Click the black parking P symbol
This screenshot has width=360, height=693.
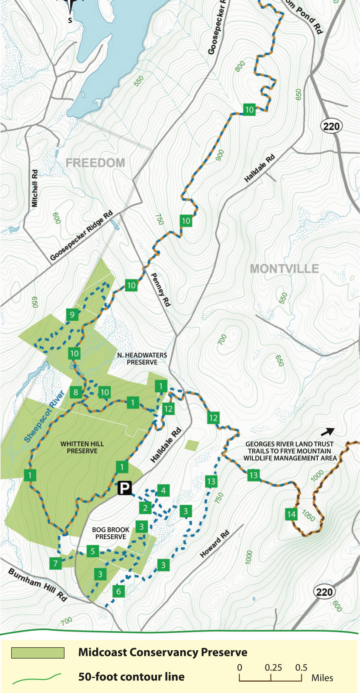point(125,488)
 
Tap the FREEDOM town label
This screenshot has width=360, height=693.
point(95,163)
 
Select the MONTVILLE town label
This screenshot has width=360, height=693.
point(284,268)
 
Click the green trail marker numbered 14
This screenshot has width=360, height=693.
point(291,514)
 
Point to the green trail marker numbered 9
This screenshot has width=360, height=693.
point(72,314)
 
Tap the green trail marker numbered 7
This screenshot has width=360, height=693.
point(55,564)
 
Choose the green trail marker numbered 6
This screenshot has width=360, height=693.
point(119,591)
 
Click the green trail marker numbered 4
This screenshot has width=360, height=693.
point(163,491)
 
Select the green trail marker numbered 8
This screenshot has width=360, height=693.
point(76,392)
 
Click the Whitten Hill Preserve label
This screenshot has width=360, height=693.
point(82,447)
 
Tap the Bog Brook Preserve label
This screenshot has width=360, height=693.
point(111,533)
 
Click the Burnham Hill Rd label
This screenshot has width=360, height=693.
point(38,584)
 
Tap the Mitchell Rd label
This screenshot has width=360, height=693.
point(35,188)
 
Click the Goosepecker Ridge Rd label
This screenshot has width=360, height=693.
point(81,235)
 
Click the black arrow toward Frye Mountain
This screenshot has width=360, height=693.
point(328,431)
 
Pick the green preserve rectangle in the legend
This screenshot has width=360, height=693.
point(38,652)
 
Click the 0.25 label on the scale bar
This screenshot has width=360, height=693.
point(273,667)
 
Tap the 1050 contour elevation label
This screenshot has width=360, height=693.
point(309,516)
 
